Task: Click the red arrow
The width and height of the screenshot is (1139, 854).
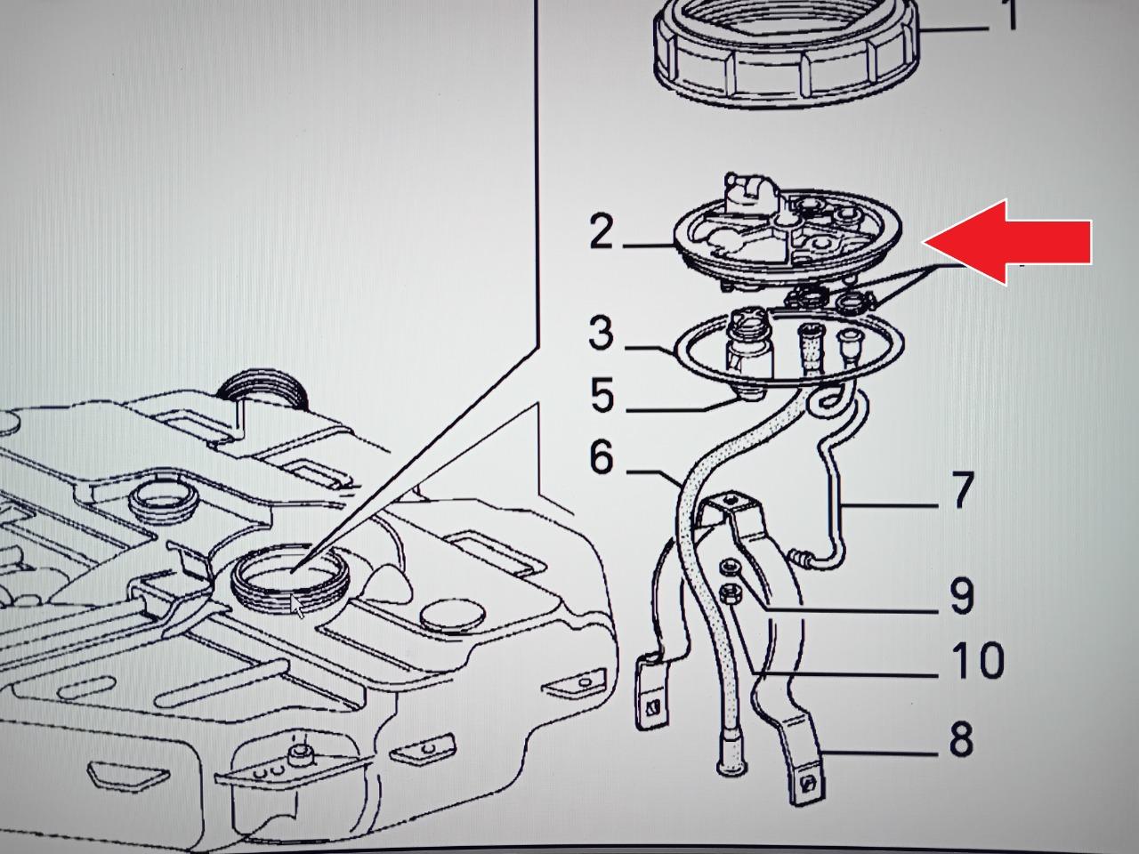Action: coord(1006,242)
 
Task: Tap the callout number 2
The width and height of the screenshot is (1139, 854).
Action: coord(601,232)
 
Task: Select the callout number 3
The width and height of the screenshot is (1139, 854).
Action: coord(602,334)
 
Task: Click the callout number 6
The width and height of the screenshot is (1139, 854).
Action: coord(602,456)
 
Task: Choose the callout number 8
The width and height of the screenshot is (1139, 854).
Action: coord(961,739)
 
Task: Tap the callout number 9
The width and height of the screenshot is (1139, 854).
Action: coord(962,597)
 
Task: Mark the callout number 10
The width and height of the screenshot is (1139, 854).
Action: coord(977,660)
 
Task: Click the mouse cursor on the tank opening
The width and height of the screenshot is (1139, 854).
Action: coord(296,606)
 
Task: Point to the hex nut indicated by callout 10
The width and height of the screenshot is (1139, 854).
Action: coord(730,593)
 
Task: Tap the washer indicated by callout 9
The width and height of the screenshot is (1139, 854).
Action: coord(730,568)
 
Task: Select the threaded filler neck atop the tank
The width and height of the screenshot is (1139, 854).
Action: coord(264,390)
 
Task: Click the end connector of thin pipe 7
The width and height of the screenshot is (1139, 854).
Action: coord(801,557)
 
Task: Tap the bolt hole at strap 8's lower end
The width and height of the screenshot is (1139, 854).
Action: coord(808,784)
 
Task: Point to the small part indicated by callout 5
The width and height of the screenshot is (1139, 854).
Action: coord(749,395)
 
